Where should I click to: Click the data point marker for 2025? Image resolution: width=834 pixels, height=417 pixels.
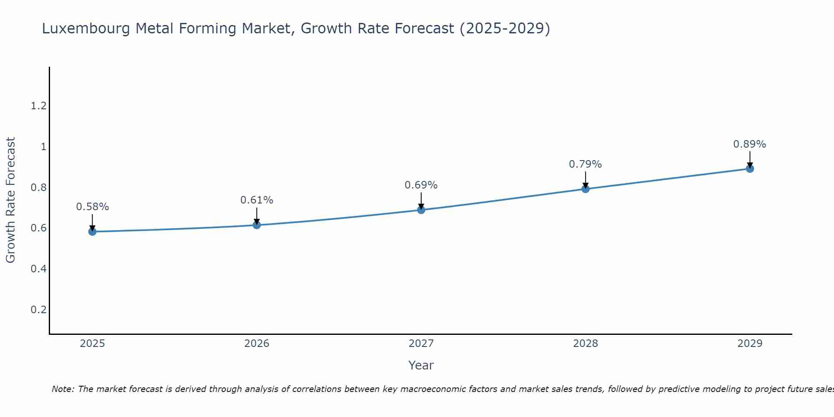[x=92, y=231]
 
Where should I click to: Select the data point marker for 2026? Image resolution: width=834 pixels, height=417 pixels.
[x=256, y=225]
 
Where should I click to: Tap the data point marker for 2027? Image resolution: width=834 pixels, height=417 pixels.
[x=421, y=210]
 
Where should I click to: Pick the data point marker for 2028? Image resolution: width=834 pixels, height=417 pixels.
[x=585, y=189]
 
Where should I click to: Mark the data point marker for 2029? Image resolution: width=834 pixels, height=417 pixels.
[x=749, y=168]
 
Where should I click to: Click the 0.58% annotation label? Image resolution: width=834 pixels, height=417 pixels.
[x=92, y=207]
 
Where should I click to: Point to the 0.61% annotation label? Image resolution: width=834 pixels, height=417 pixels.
[x=256, y=200]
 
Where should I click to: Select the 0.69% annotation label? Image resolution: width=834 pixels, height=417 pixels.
[x=421, y=185]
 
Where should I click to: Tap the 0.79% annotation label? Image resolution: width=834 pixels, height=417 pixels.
[x=585, y=164]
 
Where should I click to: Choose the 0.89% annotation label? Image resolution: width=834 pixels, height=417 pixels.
[x=749, y=144]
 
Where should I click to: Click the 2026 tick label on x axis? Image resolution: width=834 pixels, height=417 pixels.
[x=256, y=344]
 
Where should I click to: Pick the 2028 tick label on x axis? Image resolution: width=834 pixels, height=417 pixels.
[x=585, y=344]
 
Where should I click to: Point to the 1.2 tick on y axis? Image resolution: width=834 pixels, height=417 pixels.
[x=38, y=106]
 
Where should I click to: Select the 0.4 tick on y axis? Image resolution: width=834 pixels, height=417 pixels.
[x=38, y=269]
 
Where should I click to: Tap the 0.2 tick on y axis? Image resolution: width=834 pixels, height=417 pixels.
[x=38, y=309]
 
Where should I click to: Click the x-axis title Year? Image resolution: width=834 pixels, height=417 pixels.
[x=421, y=365]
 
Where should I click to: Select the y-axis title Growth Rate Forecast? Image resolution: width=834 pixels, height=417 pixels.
[x=10, y=200]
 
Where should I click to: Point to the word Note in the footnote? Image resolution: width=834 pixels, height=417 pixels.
[x=62, y=389]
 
